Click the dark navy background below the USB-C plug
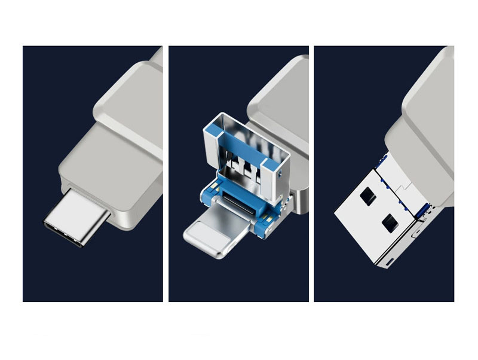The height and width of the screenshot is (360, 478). [90, 275]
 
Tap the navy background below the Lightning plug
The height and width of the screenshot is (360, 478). [239, 278]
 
